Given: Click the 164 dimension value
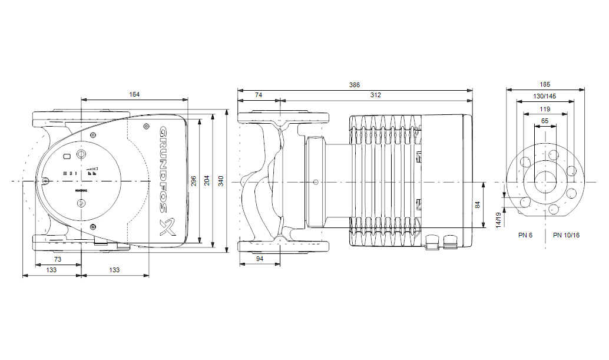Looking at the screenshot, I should point(134,94).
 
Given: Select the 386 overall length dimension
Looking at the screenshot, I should point(354,85).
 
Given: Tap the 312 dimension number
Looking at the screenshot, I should point(375,95).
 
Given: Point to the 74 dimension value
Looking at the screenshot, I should point(259,95).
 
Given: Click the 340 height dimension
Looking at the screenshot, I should point(221,181).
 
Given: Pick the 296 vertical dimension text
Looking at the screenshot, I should point(194,181).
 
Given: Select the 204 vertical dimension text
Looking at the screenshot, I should point(207,181).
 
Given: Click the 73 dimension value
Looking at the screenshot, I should point(58,259).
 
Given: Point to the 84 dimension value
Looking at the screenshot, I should point(478,204).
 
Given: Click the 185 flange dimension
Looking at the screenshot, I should point(545,84).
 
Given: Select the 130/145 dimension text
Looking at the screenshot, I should point(545,96).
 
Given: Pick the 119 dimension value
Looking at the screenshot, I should point(545,109).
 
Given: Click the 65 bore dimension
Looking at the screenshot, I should point(545,121).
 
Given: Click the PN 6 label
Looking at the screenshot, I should point(525,235).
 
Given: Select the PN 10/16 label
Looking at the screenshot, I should point(566,235).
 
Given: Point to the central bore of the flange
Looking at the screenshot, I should point(545,182).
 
